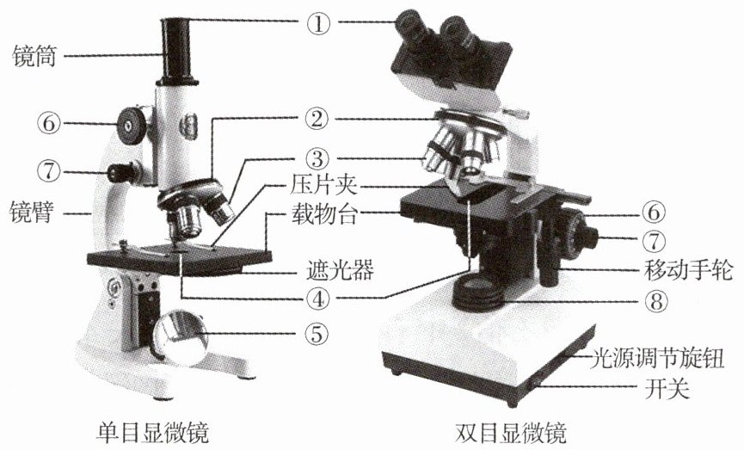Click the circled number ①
(318, 22)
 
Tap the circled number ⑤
(318, 335)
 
